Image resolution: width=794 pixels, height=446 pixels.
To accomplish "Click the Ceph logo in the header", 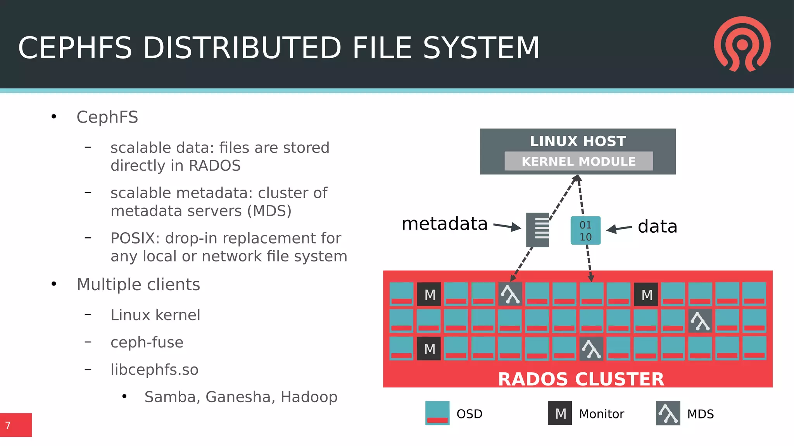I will pyautogui.click(x=742, y=44).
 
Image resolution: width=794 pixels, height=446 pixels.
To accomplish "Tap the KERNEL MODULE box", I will pyautogui.click(x=578, y=161).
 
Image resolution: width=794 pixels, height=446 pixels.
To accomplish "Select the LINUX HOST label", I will pyautogui.click(x=578, y=141).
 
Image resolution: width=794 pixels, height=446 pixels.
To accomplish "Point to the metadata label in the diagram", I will pyautogui.click(x=444, y=224).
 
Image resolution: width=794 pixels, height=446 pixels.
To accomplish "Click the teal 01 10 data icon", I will pyautogui.click(x=585, y=231).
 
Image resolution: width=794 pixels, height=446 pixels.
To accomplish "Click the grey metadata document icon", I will pyautogui.click(x=538, y=230).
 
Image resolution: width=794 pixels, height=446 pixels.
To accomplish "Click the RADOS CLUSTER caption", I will pyautogui.click(x=581, y=379).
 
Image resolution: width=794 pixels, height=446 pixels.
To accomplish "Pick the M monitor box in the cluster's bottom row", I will pyautogui.click(x=429, y=349).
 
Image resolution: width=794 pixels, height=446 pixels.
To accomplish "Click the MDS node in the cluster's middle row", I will pyautogui.click(x=700, y=321).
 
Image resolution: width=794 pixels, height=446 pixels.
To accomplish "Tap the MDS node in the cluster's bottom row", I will pyautogui.click(x=591, y=349).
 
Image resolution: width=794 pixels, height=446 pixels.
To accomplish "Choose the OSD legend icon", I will pyautogui.click(x=437, y=413).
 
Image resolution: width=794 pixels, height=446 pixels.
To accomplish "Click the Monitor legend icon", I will pyautogui.click(x=560, y=413).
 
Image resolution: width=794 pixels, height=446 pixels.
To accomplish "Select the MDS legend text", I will pyautogui.click(x=700, y=414).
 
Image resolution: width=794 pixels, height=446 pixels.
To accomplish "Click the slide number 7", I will pyautogui.click(x=8, y=425).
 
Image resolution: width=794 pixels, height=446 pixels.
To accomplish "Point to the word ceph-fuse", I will pyautogui.click(x=147, y=342).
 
